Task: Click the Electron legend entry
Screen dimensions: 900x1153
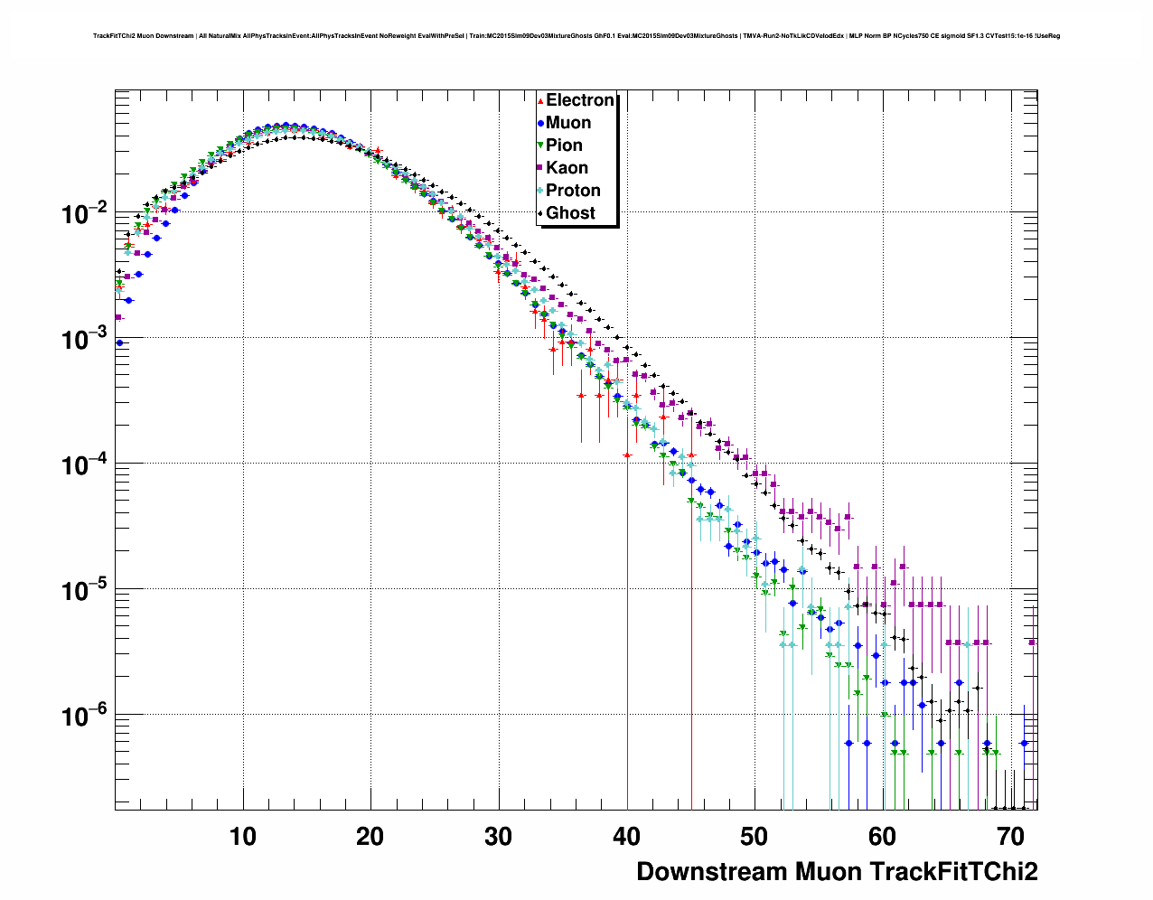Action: coord(579,100)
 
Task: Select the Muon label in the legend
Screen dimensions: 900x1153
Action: coord(568,123)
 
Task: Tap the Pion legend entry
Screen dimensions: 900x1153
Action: coord(564,145)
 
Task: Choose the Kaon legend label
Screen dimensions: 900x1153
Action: coord(567,168)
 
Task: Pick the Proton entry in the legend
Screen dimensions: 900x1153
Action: coord(573,191)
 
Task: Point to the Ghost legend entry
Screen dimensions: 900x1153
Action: coord(570,213)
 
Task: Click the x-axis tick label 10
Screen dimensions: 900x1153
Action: coord(242,837)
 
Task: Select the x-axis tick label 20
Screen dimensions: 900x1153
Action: coord(370,837)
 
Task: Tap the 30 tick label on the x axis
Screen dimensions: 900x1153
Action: coord(499,837)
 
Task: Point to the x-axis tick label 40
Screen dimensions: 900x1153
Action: coord(627,837)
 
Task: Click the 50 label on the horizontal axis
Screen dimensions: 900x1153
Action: coord(755,837)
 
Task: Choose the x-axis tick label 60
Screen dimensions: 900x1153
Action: coord(884,837)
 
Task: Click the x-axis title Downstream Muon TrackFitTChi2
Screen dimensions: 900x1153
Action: coord(837,872)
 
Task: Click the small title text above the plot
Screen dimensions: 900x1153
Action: coord(576,36)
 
